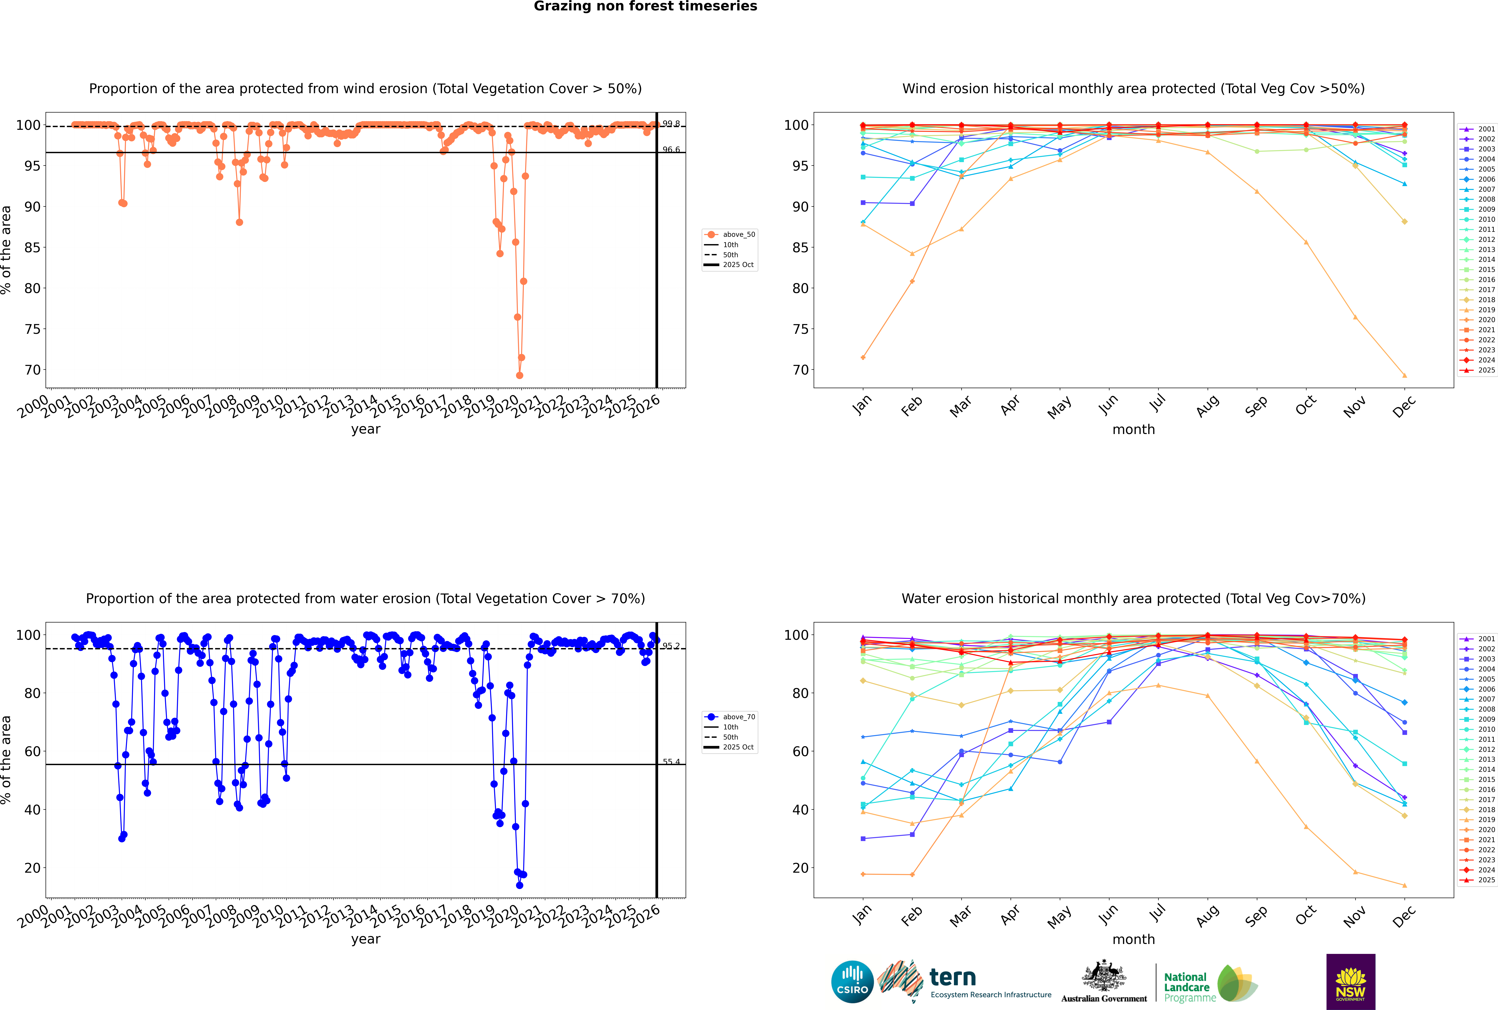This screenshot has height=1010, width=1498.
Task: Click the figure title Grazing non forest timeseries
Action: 645,6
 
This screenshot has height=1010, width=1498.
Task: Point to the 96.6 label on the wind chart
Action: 671,149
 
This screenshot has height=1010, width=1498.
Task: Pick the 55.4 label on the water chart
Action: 671,761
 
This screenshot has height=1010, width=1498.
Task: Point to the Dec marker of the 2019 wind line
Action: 1405,376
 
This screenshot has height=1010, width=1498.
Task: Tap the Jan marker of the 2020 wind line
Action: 863,357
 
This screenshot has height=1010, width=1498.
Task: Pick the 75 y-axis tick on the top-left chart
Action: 32,329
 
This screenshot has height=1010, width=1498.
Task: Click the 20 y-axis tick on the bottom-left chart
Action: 32,868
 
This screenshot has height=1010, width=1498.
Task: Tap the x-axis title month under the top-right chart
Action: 1133,430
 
